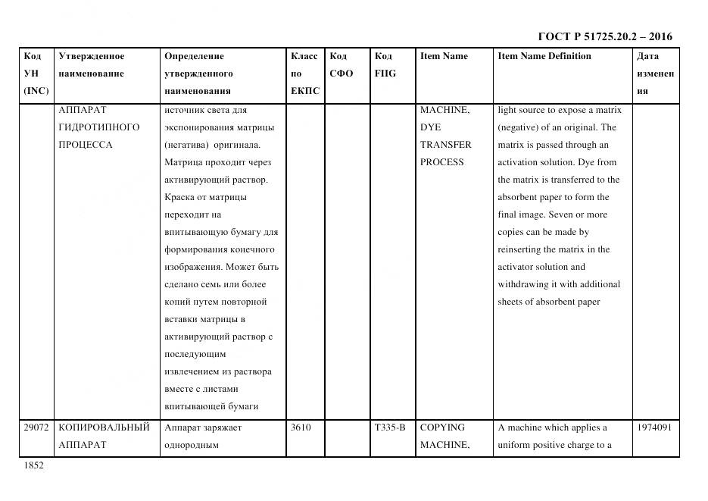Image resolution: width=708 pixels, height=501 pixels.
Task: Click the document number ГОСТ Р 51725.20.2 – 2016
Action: coord(604,36)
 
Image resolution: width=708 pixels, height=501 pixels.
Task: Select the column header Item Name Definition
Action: coord(544,56)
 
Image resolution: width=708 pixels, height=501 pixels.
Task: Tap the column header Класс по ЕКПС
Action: coord(304,74)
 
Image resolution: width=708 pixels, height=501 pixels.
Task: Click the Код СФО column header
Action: coord(342,65)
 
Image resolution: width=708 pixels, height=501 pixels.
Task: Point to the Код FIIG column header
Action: coord(385,65)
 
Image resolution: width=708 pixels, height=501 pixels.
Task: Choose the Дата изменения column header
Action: coord(655,74)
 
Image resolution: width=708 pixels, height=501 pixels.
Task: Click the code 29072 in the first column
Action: coord(36,427)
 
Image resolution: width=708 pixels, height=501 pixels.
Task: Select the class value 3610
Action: coord(301,427)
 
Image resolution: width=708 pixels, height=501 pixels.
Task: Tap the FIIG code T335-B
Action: coord(390,427)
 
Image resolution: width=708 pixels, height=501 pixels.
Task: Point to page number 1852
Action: coord(33,466)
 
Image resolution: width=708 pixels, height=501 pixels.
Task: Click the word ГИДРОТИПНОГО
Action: coord(99,127)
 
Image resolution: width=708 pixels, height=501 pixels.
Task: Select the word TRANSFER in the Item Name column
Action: coord(445,145)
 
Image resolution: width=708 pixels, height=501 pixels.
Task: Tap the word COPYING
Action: coord(442,427)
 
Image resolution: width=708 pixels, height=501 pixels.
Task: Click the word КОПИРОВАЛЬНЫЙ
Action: coord(104,427)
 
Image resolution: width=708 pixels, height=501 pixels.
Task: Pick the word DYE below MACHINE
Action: coord(430,127)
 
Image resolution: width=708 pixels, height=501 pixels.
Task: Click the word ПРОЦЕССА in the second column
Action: coord(85,145)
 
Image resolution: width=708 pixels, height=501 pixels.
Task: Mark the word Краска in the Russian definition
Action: coord(179,197)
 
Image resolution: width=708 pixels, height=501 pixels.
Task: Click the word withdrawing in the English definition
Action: coord(526,284)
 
